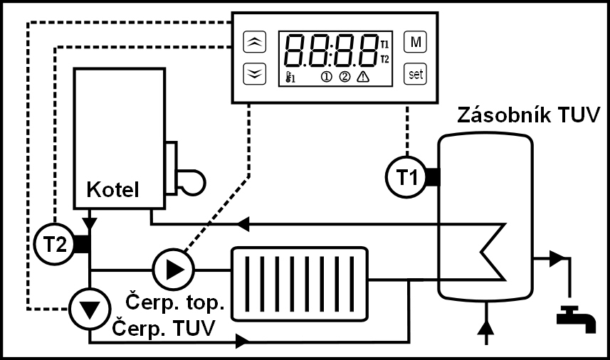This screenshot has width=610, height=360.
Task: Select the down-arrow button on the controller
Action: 253,73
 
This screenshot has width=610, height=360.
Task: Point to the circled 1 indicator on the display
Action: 327,78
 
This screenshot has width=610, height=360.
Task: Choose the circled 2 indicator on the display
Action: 345,78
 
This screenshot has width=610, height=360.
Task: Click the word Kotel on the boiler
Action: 112,190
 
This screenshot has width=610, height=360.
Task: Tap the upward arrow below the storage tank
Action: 486,328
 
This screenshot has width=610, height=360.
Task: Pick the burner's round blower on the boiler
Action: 191,180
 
